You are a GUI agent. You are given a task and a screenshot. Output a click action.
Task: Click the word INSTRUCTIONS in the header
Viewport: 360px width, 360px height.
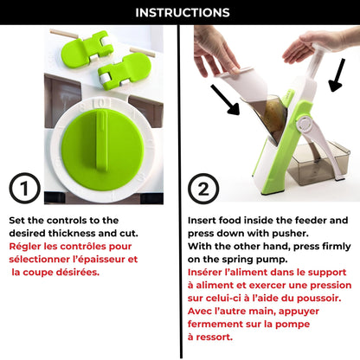click(180, 12)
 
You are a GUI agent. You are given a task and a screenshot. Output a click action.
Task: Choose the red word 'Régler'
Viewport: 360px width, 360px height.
click(27, 247)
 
